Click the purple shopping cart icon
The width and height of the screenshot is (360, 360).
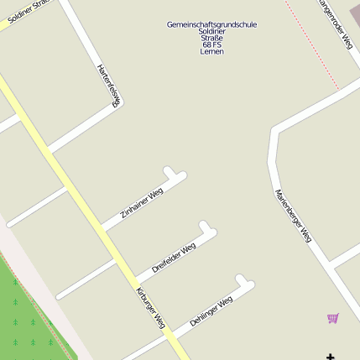(x=333, y=318)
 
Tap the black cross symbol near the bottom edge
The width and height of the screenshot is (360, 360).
(x=331, y=357)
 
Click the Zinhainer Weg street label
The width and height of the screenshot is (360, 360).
(x=142, y=203)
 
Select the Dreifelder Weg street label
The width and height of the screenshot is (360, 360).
(x=174, y=257)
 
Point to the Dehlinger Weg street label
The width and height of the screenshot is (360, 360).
(x=211, y=311)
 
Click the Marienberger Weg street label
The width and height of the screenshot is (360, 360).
(x=293, y=216)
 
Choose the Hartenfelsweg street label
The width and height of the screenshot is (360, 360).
(x=109, y=85)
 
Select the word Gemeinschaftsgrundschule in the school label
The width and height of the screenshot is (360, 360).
(x=211, y=24)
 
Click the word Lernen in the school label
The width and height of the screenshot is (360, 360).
(x=211, y=51)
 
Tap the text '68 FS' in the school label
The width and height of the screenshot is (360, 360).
(x=211, y=44)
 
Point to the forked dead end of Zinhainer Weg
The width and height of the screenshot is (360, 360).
(x=175, y=175)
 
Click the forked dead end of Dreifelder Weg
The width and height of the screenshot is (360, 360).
(x=207, y=228)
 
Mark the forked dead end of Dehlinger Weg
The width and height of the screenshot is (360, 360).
(x=244, y=282)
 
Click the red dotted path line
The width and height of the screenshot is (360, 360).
(x=312, y=46)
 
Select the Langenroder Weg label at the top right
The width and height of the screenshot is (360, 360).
(x=335, y=23)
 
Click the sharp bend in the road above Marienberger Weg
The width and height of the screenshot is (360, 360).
(x=274, y=132)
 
